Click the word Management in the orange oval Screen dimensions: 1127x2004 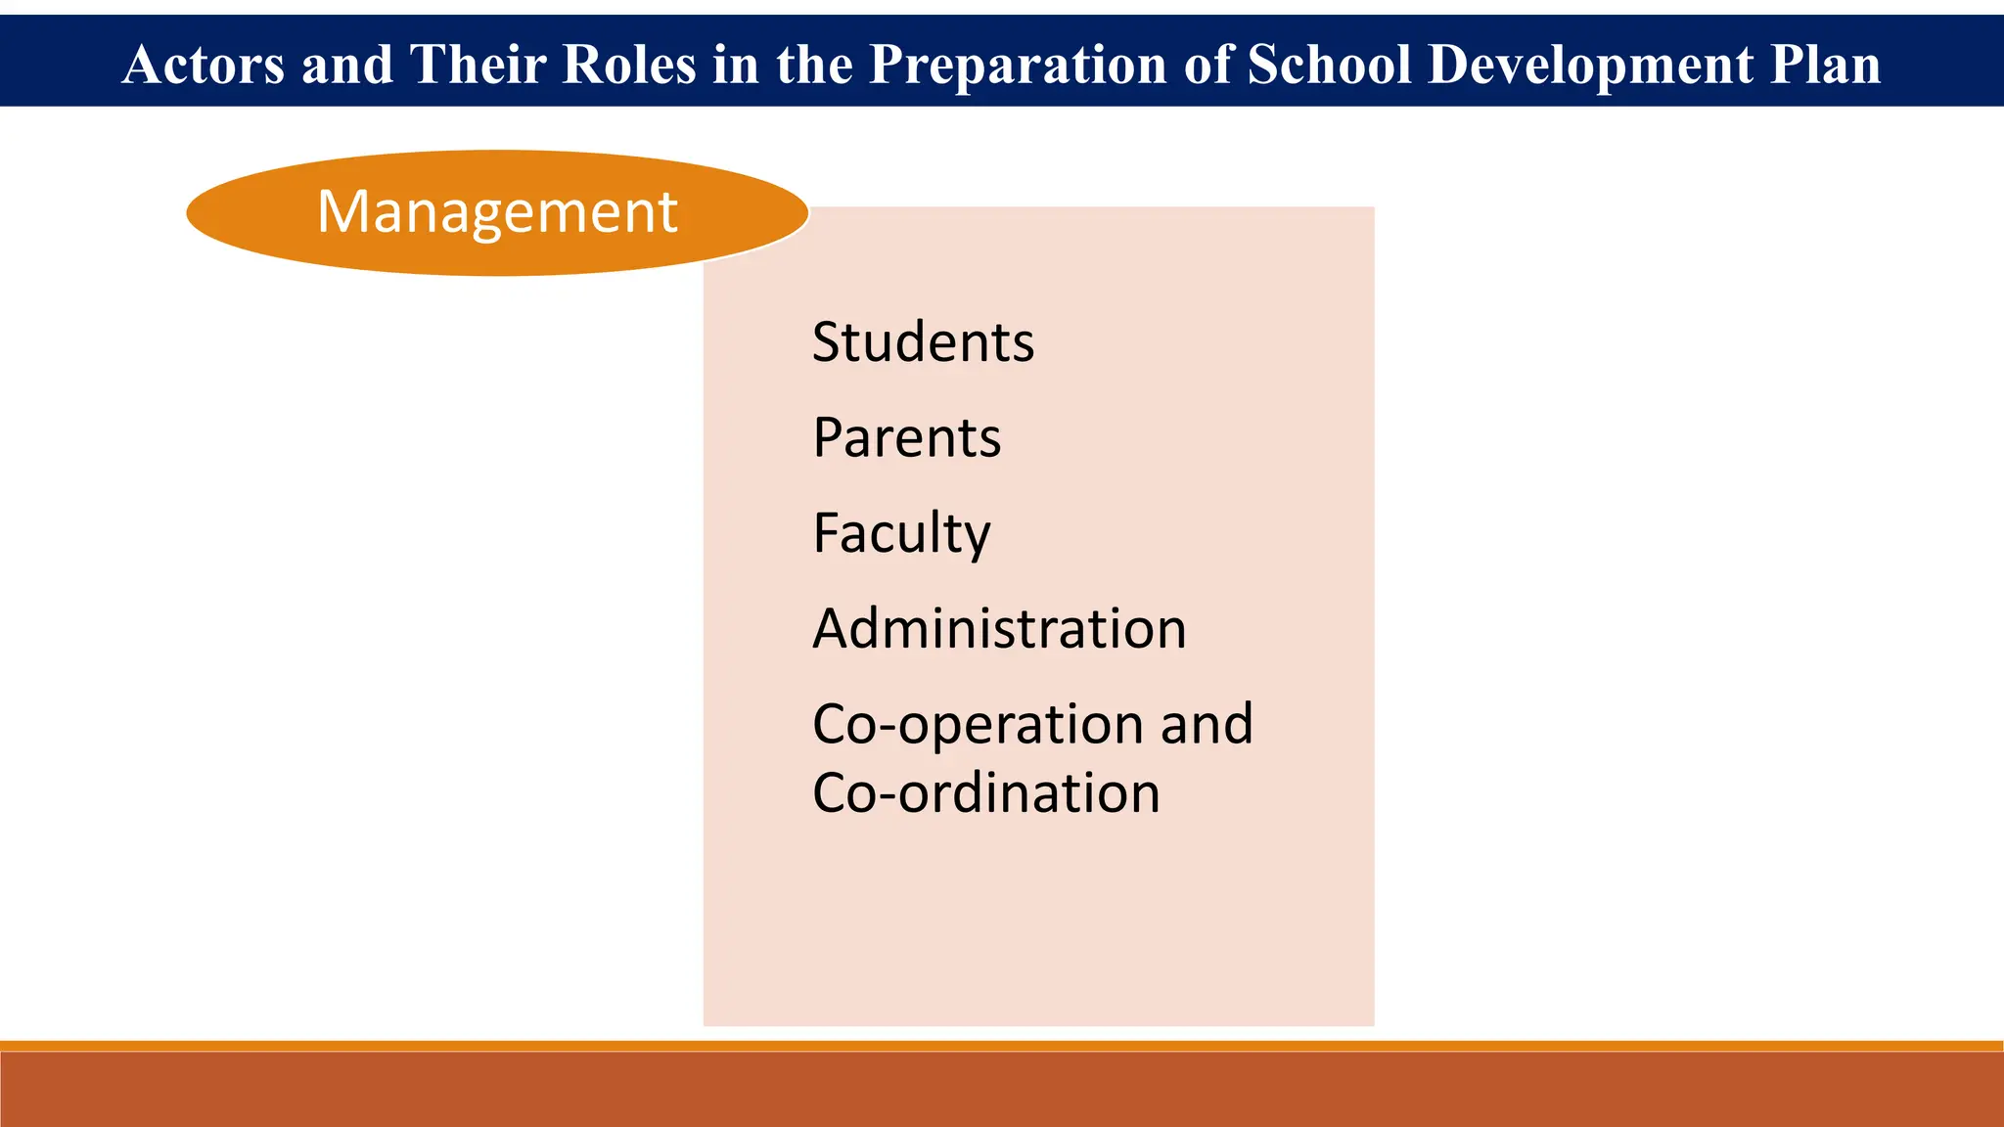(x=497, y=211)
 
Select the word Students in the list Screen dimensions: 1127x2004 (x=923, y=342)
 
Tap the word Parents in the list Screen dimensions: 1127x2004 (x=906, y=437)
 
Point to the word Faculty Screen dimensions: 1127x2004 (x=901, y=533)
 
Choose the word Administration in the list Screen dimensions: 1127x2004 (x=999, y=628)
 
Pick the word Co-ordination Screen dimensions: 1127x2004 (x=985, y=792)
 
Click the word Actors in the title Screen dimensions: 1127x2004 (x=204, y=65)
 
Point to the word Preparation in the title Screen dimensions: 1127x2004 (x=1018, y=65)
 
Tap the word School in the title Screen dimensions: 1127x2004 (x=1329, y=65)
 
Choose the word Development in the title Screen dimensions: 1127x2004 (x=1590, y=65)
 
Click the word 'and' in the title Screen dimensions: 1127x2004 (x=346, y=65)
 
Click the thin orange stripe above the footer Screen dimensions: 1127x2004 (x=1002, y=1046)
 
